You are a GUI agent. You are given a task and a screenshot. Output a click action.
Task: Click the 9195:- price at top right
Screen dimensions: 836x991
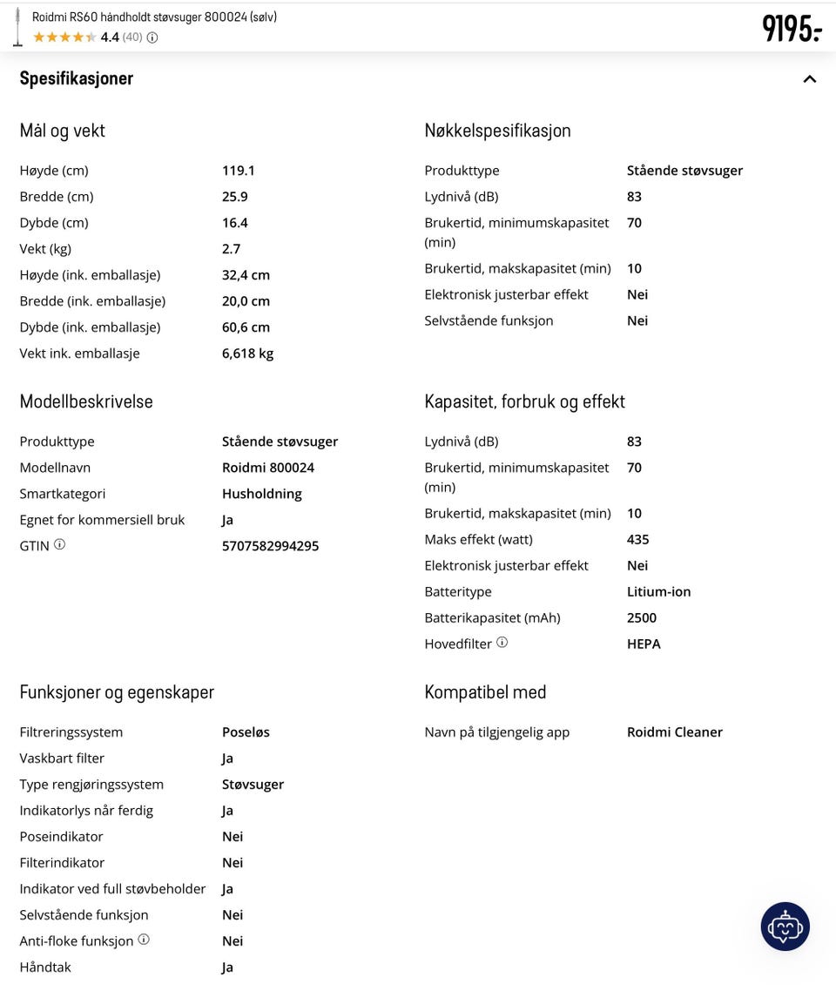click(x=792, y=28)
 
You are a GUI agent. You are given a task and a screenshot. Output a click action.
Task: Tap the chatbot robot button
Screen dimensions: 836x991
click(x=785, y=927)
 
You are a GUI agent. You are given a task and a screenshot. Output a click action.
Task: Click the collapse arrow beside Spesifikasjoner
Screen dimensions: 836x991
click(x=810, y=79)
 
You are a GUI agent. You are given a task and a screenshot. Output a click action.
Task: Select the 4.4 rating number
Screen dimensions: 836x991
click(x=110, y=37)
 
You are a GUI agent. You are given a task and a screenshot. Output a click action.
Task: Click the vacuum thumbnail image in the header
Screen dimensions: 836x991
click(x=17, y=26)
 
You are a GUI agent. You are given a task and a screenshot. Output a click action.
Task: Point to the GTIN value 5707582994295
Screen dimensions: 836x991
click(x=270, y=546)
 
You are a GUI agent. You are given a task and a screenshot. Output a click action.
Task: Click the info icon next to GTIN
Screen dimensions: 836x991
click(x=59, y=544)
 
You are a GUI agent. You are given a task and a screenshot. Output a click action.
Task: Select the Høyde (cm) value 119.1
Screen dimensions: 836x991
click(x=238, y=171)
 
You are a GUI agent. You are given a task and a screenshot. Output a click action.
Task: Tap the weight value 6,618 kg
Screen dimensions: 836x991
click(x=247, y=354)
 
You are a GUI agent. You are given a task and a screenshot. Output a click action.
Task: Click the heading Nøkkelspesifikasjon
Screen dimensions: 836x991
click(x=497, y=131)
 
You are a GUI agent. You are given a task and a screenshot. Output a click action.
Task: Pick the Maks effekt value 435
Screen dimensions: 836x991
click(x=637, y=540)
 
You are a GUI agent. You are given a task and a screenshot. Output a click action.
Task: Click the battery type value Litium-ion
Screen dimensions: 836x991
click(x=658, y=592)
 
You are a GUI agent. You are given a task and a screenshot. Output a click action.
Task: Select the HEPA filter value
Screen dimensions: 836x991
click(x=644, y=644)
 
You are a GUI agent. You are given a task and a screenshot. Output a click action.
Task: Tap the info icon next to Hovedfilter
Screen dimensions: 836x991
click(x=502, y=643)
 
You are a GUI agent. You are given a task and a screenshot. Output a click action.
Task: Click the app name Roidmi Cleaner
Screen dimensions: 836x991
click(x=674, y=732)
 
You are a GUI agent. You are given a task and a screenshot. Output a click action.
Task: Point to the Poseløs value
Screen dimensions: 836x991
click(x=246, y=732)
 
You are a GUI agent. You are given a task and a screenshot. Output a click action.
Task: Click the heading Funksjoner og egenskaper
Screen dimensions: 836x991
click(x=117, y=692)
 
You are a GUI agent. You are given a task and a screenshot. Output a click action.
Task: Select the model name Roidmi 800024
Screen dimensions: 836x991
click(x=267, y=468)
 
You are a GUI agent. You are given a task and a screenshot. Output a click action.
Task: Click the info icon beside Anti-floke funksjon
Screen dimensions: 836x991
click(x=144, y=940)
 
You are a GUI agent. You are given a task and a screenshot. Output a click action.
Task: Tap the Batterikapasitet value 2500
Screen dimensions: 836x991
click(x=641, y=618)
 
